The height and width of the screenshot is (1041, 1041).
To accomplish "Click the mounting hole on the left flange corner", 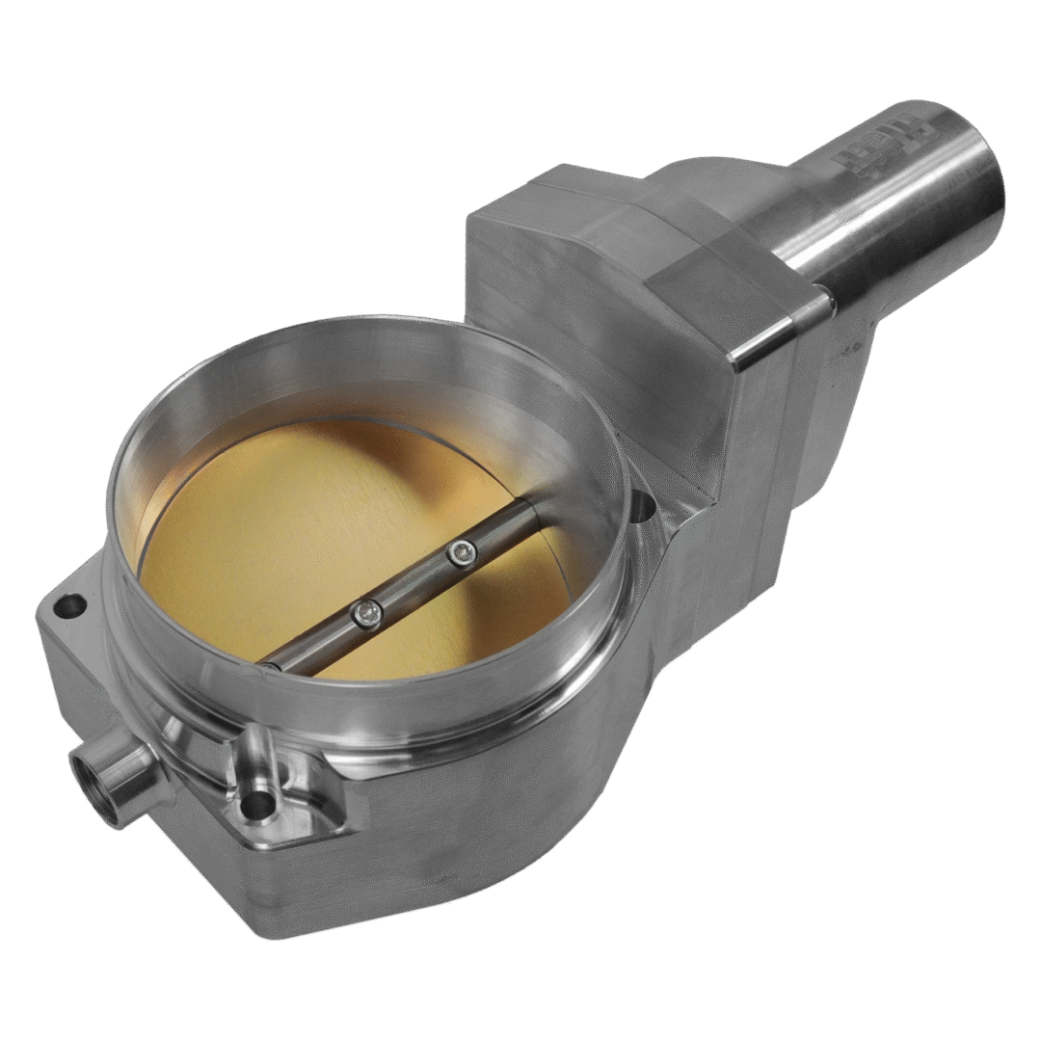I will point(69,607).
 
